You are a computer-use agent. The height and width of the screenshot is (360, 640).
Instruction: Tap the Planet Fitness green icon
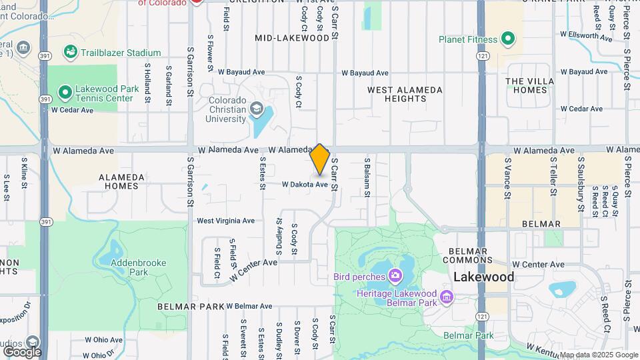tap(508, 39)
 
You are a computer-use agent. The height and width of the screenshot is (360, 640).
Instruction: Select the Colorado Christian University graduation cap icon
tap(255, 108)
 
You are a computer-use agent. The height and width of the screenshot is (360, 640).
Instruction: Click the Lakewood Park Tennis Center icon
tap(65, 92)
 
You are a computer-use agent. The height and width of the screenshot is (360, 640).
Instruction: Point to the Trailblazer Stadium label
tap(121, 53)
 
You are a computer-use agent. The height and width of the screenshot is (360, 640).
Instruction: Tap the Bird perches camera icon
tap(396, 275)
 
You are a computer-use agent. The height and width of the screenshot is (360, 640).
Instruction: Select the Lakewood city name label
tap(484, 277)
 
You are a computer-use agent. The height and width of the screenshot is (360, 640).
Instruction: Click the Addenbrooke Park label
tap(129, 267)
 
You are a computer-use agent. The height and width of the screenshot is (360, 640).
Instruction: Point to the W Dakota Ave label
tap(305, 185)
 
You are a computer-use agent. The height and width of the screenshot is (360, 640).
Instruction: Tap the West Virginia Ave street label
tap(225, 221)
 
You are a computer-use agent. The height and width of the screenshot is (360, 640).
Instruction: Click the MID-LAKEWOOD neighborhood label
tap(292, 38)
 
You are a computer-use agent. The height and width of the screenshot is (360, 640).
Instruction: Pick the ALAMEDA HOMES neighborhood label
tap(121, 181)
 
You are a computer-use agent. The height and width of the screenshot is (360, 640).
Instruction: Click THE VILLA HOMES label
tap(530, 85)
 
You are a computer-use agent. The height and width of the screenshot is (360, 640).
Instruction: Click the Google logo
tap(21, 351)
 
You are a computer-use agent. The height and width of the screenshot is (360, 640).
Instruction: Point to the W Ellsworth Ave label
tap(586, 33)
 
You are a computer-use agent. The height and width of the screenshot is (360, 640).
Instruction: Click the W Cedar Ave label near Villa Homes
tap(581, 109)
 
